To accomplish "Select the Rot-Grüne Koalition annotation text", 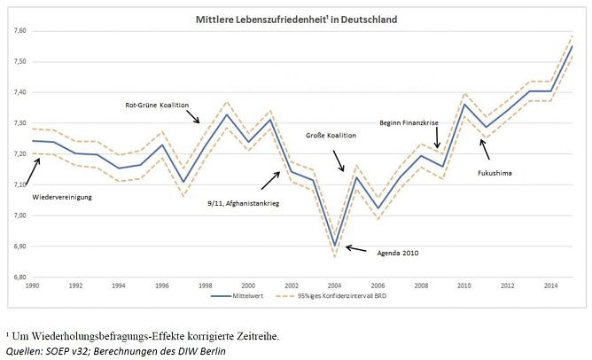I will coord(157,105).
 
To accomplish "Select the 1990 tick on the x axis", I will coord(33,286).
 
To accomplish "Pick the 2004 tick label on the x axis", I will coord(335,286).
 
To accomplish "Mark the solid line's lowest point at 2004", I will coord(335,246).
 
